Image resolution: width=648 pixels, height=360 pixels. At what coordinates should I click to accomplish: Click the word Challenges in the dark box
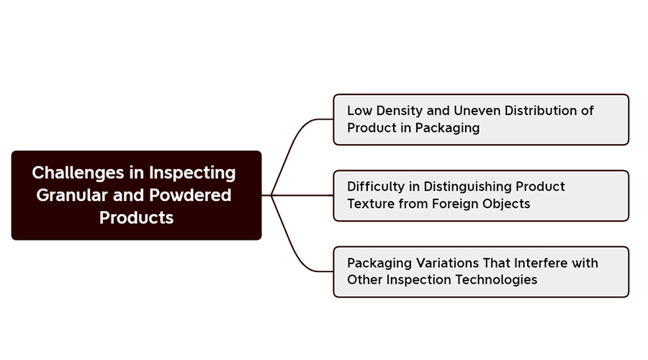point(78,174)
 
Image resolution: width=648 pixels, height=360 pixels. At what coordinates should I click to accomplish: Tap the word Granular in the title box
point(72,195)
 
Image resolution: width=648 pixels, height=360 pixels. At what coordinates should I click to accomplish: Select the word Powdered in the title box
point(190,195)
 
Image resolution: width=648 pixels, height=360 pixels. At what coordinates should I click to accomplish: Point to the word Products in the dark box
point(136,217)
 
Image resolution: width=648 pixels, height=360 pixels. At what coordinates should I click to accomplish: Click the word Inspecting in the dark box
point(192,174)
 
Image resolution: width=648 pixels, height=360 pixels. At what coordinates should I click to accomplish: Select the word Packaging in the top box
point(447,128)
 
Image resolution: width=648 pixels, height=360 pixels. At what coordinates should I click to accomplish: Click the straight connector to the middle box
point(297,195)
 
